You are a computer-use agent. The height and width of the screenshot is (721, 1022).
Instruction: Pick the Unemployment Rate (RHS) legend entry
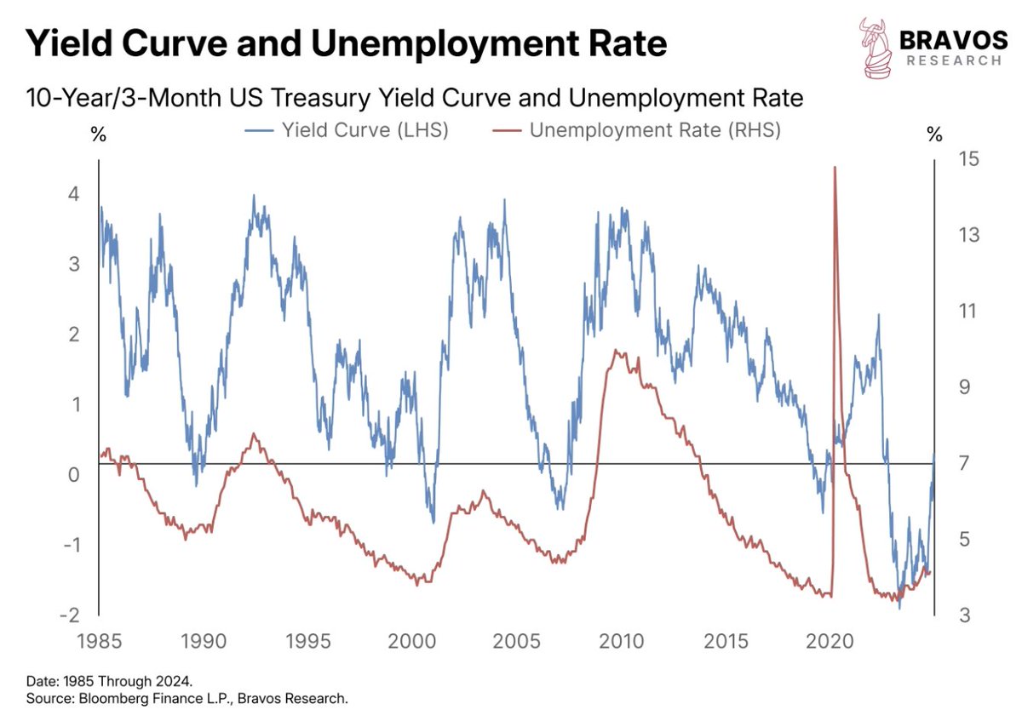pyautogui.click(x=637, y=131)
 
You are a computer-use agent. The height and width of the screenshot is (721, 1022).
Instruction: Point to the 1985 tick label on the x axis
pyautogui.click(x=100, y=640)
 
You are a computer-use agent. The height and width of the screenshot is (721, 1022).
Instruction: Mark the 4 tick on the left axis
pyautogui.click(x=74, y=194)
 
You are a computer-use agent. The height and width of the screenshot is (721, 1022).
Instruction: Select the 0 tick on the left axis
pyautogui.click(x=74, y=474)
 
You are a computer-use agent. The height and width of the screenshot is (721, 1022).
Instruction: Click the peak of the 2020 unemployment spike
pyautogui.click(x=834, y=168)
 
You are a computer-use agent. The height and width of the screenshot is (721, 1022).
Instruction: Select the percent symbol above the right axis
pyautogui.click(x=934, y=134)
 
